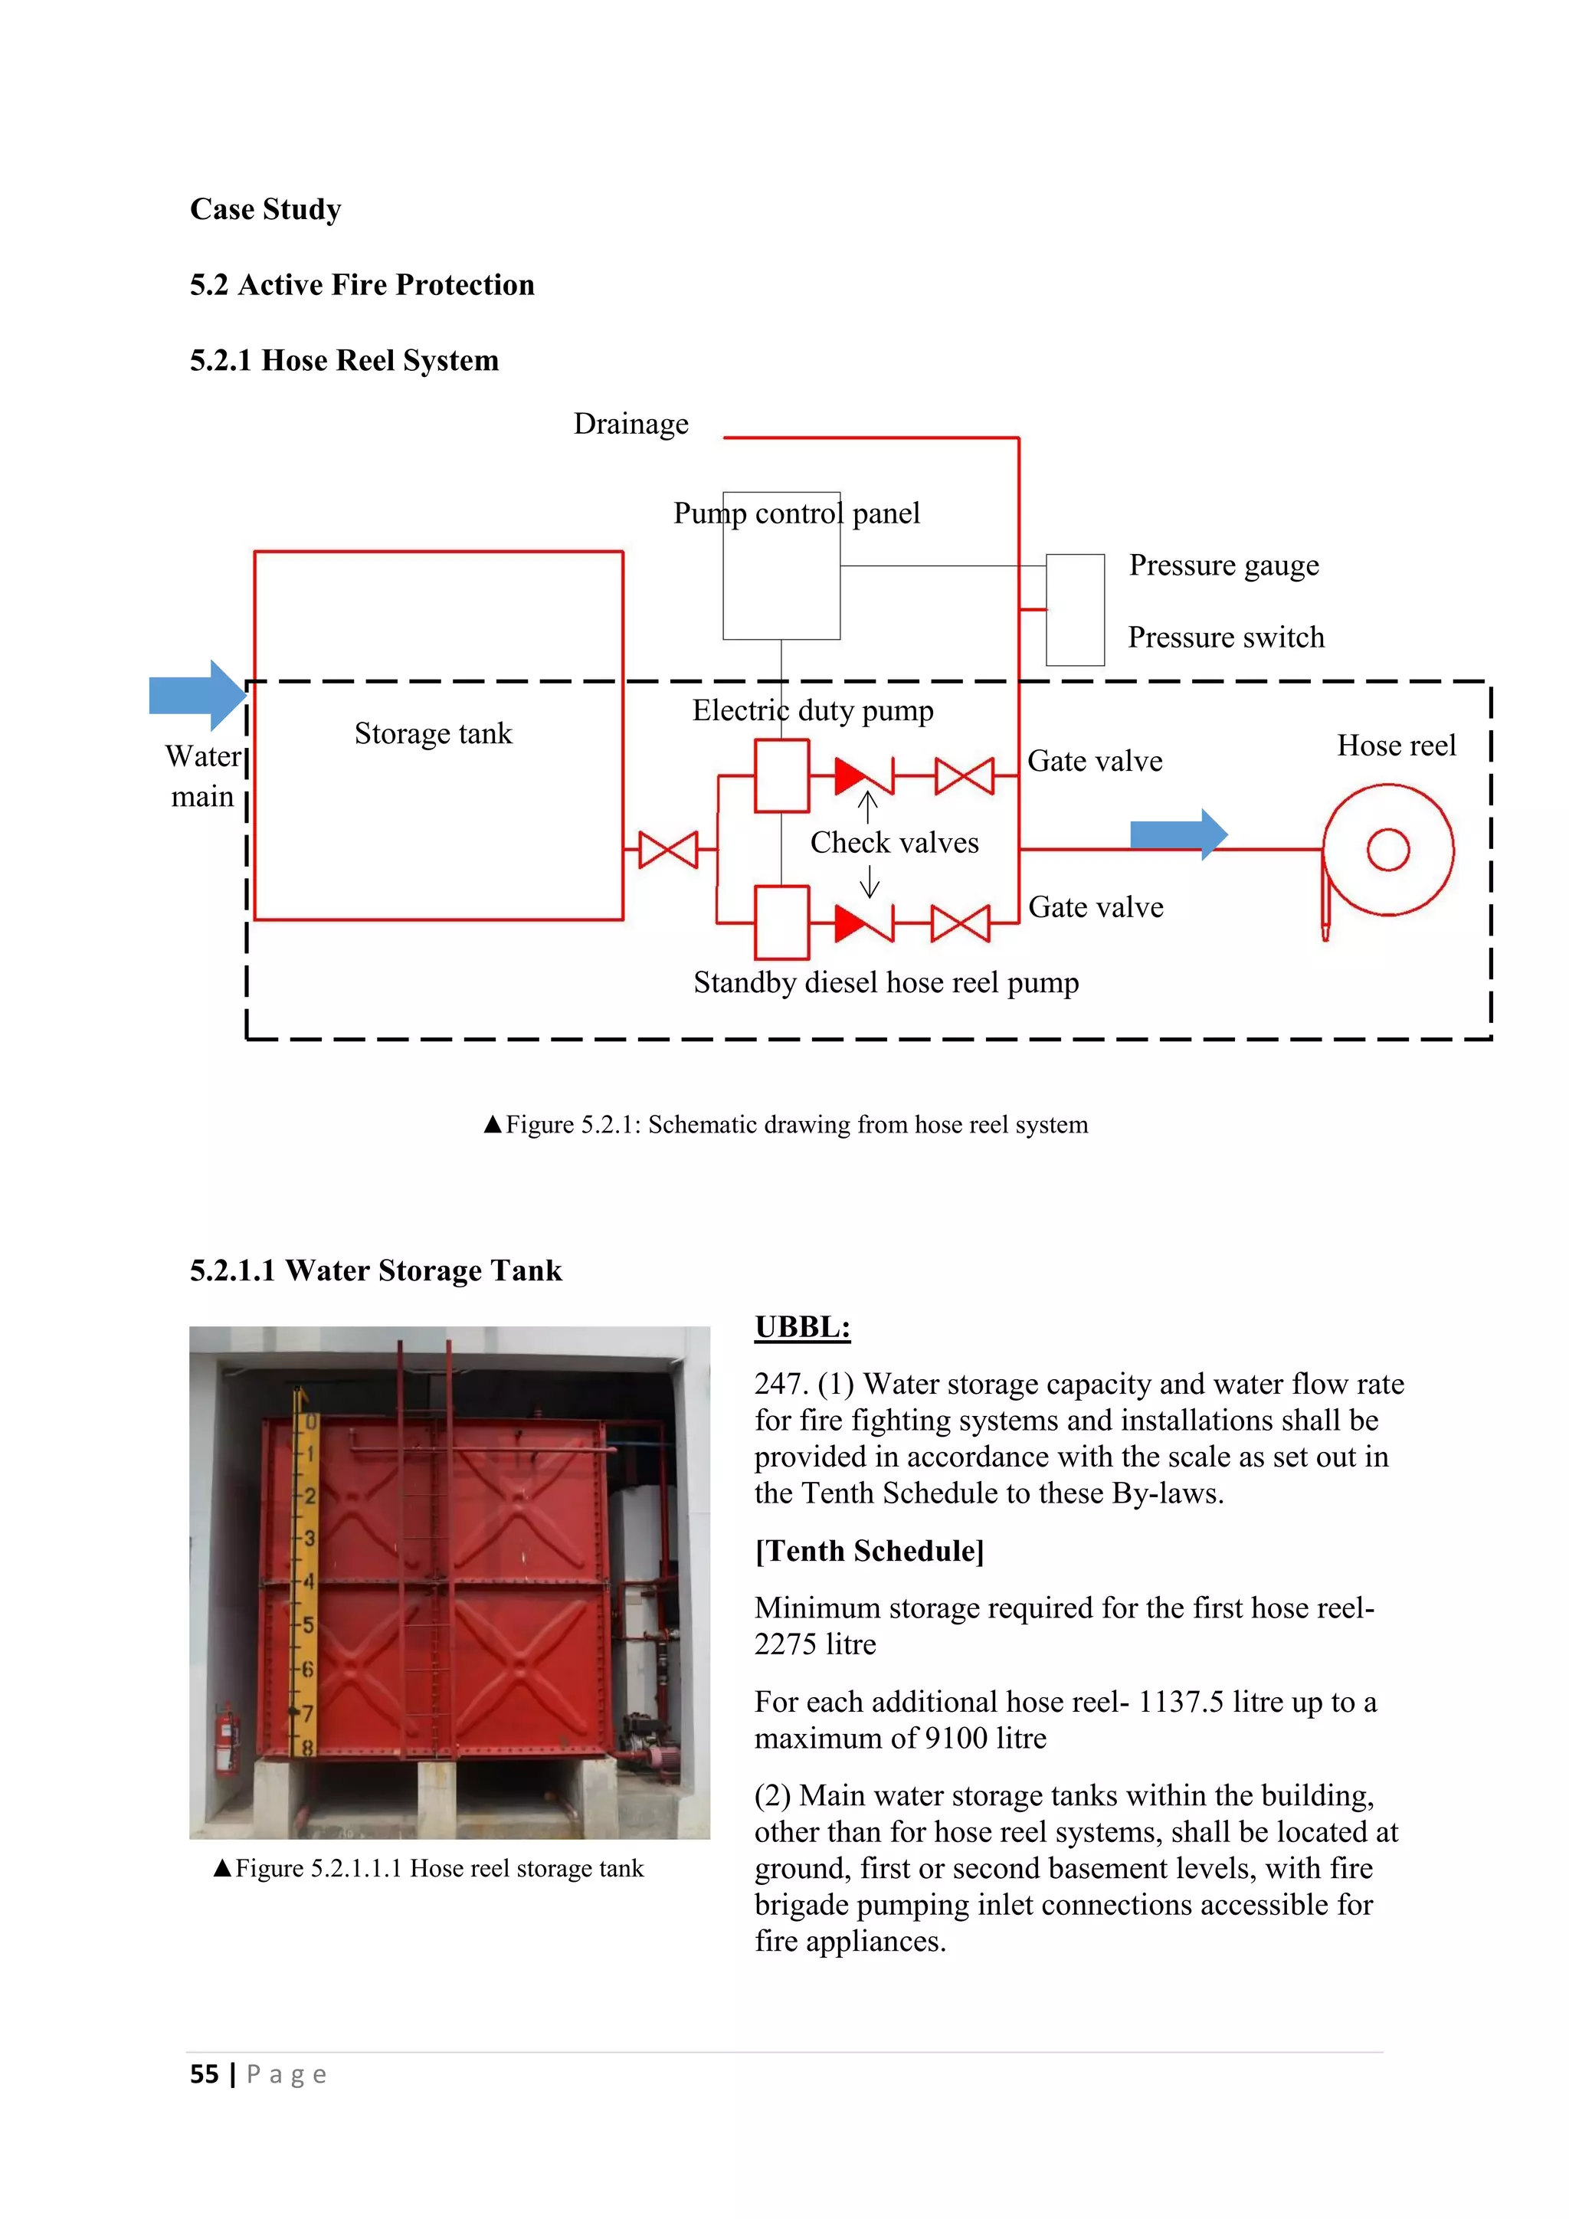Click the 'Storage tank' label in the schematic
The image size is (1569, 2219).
[433, 733]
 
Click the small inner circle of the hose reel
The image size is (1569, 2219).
[1387, 850]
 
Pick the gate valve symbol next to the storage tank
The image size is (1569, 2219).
[667, 850]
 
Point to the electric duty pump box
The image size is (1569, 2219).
[781, 775]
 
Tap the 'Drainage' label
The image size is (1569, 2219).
[631, 424]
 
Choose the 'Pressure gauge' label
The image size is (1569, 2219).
[1223, 565]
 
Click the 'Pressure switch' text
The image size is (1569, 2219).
[1225, 638]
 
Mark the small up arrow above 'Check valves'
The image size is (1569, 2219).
[867, 806]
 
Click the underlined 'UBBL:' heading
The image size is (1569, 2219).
[802, 1327]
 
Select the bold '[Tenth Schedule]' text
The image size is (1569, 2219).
[869, 1551]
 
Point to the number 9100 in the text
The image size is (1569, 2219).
[955, 1739]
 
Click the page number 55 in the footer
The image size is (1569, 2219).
[204, 2074]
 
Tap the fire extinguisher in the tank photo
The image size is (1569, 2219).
[226, 1739]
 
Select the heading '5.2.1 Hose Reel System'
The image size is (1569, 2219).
[344, 360]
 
